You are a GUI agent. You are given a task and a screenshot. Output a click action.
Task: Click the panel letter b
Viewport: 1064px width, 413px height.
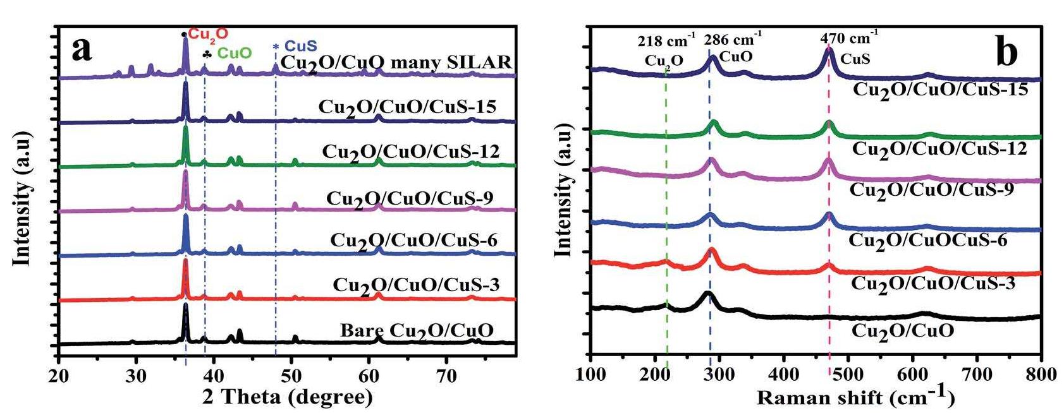[x=1006, y=52]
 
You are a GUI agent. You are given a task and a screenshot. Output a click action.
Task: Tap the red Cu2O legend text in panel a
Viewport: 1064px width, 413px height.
[x=209, y=33]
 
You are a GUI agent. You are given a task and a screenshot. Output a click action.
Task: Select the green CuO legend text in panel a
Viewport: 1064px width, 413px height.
[x=234, y=54]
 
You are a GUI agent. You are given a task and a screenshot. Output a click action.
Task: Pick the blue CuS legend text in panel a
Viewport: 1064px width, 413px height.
[x=300, y=45]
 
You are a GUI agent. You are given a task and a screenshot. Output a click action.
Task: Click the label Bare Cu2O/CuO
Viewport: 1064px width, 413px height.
[x=417, y=330]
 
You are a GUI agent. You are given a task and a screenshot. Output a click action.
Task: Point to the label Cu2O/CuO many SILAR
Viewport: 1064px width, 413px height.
[x=396, y=63]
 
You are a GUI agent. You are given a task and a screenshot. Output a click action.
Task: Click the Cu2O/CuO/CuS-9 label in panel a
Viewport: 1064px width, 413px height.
[x=409, y=198]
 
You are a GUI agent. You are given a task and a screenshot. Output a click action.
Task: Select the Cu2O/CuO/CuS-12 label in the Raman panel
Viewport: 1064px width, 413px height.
[x=939, y=149]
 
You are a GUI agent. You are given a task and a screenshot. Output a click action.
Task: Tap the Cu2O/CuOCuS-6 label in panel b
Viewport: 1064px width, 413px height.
[x=927, y=241]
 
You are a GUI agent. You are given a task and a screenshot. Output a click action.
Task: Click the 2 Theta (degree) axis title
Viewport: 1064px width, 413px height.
[x=287, y=397]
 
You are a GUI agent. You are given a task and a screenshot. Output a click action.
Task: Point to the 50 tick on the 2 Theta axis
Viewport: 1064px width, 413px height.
[x=291, y=374]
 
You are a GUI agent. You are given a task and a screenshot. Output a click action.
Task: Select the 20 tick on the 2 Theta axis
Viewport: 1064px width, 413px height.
[x=58, y=374]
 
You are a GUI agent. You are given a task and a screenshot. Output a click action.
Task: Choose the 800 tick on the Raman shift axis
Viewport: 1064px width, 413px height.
[x=1041, y=374]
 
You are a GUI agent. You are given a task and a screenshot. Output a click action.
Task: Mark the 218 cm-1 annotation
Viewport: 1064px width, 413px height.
[x=665, y=42]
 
